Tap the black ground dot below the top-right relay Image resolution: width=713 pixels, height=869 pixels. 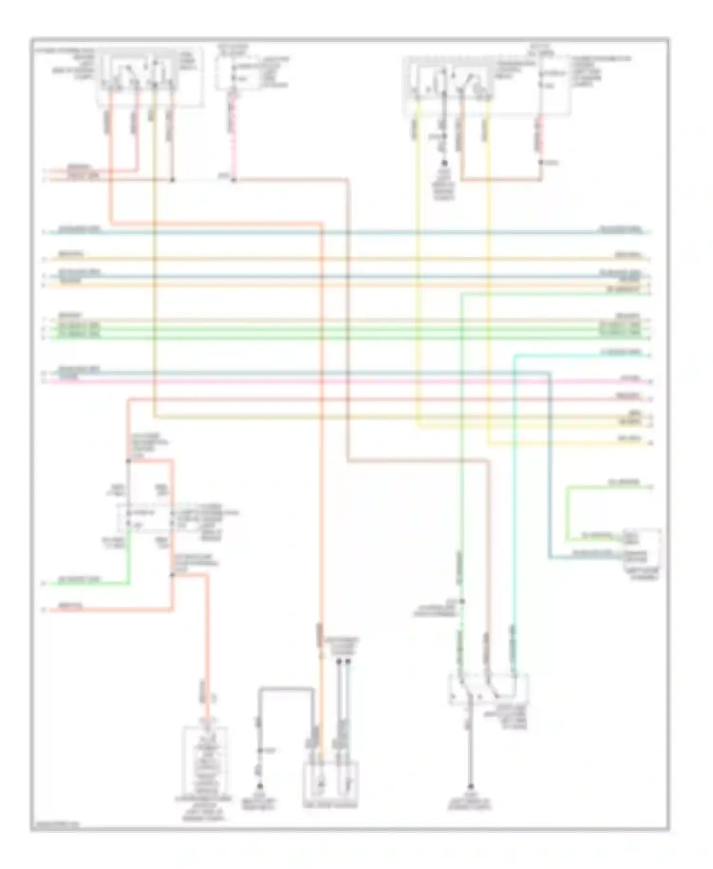coord(444,163)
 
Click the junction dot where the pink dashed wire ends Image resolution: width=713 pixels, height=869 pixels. coord(234,180)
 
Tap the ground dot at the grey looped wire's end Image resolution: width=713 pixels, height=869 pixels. coord(260,786)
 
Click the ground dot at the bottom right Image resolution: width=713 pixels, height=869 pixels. coord(470,786)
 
